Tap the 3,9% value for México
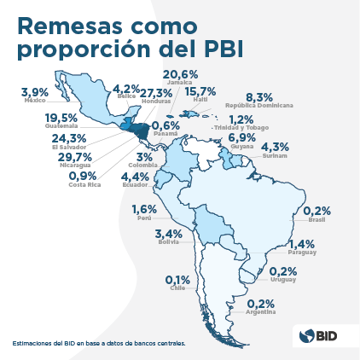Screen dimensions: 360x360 [35, 91]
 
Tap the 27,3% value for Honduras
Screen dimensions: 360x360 [156, 91]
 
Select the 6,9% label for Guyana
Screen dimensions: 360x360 [241, 138]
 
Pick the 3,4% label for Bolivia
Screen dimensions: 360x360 [169, 234]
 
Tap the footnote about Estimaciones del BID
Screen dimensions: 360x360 [98, 343]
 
